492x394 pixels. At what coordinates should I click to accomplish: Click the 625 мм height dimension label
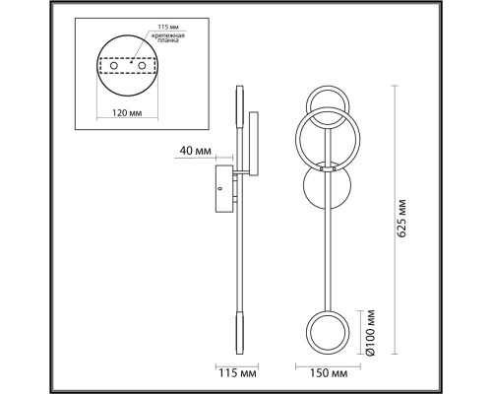[x=401, y=218]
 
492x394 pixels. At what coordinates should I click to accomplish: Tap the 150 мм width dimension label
[x=329, y=373]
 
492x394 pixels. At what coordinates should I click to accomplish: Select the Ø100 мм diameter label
[x=370, y=332]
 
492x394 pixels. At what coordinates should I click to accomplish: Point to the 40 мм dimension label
[x=195, y=151]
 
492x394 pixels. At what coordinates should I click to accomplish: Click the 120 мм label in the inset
[x=127, y=113]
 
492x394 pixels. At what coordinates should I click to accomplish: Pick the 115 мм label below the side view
[x=237, y=373]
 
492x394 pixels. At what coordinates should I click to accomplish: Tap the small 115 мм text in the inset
[x=168, y=27]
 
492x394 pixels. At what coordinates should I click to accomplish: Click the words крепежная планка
[x=168, y=37]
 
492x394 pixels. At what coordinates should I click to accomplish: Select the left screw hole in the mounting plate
[x=114, y=66]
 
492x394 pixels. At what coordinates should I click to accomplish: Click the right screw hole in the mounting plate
[x=142, y=66]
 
